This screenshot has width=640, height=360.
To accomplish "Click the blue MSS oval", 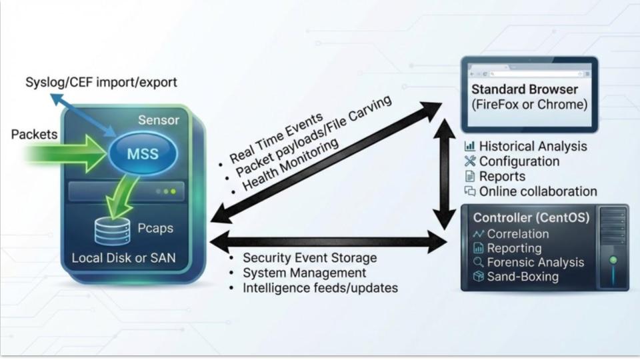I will click(143, 154).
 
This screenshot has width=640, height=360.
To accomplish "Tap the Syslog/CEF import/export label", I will click(101, 83).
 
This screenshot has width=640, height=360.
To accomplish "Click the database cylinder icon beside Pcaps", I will click(112, 230).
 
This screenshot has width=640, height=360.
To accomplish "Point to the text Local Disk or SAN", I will click(123, 257).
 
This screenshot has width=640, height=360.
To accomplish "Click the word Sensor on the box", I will click(158, 120).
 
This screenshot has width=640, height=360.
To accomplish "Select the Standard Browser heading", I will click(525, 90).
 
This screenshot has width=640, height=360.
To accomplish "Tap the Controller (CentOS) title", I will click(531, 218).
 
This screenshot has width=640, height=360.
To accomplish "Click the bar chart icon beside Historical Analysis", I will click(470, 146).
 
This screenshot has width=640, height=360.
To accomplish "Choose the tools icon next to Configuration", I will click(470, 161).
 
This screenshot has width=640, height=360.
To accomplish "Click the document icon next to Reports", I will click(470, 177).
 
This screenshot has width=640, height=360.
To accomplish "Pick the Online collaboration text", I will click(537, 191).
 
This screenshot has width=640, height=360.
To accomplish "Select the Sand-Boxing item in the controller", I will click(523, 277).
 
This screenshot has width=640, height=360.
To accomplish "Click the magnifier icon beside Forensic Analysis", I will click(478, 263).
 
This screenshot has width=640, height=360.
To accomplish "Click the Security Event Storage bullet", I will click(309, 258).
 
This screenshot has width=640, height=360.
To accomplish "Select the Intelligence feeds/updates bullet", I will click(320, 288).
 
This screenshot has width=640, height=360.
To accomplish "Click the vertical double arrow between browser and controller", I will click(442, 175).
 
